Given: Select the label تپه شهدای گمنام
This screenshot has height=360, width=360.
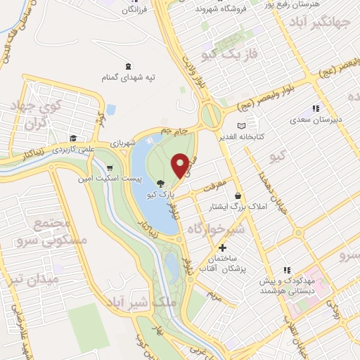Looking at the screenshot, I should click(126, 76).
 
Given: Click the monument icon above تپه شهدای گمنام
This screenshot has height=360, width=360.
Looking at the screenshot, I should click(126, 65).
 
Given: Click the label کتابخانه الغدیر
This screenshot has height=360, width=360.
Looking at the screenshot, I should click(241, 136).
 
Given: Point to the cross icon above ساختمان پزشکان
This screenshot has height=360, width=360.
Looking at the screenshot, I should click(223, 247).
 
